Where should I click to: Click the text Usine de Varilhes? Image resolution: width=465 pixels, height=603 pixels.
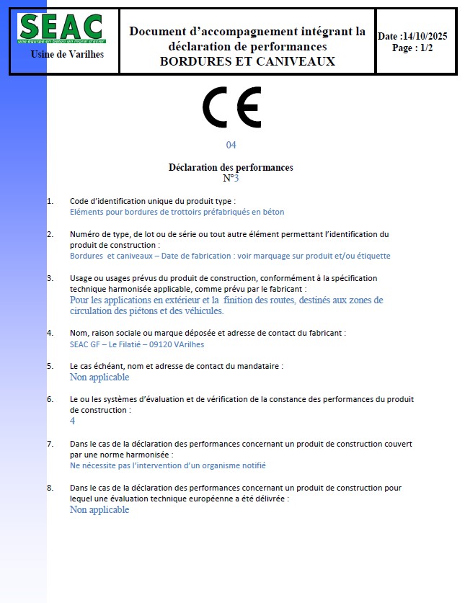[68, 55]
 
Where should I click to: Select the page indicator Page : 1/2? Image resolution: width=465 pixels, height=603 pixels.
[412, 48]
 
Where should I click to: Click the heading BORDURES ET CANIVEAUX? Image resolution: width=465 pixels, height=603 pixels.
[247, 61]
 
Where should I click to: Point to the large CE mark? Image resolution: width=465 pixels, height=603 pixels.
[231, 107]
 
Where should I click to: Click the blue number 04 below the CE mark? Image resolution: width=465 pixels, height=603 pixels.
[231, 145]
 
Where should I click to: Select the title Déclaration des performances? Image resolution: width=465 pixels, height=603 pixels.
[231, 167]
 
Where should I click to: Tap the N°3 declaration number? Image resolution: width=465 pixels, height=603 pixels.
[231, 178]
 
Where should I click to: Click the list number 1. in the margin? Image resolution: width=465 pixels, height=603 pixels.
[50, 201]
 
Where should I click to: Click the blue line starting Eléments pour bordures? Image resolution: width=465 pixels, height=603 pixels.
[177, 212]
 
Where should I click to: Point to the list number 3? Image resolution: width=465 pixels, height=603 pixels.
[50, 278]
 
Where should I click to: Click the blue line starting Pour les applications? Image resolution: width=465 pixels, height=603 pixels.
[226, 300]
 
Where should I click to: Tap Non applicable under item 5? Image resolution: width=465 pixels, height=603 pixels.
[99, 377]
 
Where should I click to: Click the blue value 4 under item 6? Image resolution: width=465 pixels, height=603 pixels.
[72, 421]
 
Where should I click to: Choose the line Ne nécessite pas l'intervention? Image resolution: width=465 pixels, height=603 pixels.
[167, 465]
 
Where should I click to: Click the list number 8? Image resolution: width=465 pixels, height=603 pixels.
[50, 488]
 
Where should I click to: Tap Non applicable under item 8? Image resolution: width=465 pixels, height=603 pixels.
[99, 509]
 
